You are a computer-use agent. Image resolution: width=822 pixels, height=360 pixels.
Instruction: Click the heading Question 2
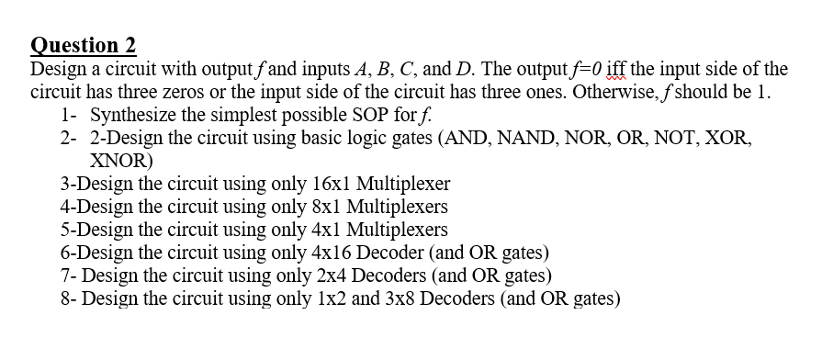coord(84,45)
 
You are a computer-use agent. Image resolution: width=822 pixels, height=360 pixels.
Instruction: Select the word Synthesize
coord(136,117)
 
